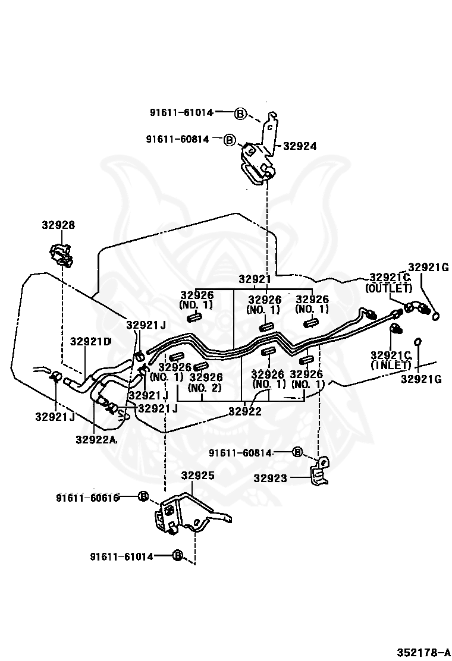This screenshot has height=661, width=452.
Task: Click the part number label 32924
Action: click(300, 146)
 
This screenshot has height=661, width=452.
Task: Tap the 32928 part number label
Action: click(58, 225)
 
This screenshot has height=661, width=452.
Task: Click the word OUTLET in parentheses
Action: click(388, 288)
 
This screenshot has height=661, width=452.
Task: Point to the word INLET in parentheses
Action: click(391, 365)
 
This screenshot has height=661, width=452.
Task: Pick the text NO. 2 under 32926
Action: click(205, 388)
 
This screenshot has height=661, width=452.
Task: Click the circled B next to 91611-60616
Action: click(143, 496)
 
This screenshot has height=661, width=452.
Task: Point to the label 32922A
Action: click(96, 440)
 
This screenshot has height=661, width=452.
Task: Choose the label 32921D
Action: click(90, 342)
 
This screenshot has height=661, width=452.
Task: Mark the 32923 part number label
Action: click(271, 478)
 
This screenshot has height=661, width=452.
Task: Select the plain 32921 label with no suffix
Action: click(255, 279)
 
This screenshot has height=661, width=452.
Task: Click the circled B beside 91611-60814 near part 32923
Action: click(298, 452)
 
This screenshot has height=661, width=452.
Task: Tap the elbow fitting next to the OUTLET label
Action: click(415, 309)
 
